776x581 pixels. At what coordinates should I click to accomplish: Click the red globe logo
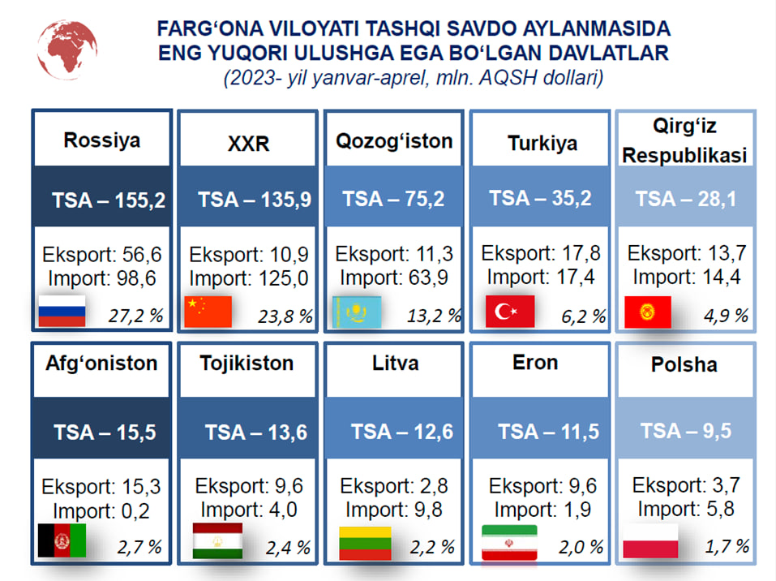point(66,49)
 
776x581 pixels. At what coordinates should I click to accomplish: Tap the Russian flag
point(62,311)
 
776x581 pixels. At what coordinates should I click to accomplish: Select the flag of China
point(208,312)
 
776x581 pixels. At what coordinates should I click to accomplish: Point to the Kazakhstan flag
point(357,312)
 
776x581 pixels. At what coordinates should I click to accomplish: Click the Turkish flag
point(510,311)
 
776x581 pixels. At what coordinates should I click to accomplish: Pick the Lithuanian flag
point(365,544)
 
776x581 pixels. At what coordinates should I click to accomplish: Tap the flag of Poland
point(650,541)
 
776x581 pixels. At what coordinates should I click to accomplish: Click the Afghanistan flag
point(62,540)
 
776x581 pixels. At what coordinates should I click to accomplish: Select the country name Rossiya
point(102,140)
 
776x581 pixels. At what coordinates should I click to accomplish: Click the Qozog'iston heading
point(394,141)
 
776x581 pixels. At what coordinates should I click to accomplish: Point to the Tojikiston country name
point(247,363)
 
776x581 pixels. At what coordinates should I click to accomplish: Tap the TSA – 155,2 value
point(109,200)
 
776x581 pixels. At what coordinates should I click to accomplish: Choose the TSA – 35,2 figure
point(540,198)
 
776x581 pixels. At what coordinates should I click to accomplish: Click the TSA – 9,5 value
point(686,430)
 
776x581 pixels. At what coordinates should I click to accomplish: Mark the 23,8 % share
point(285,316)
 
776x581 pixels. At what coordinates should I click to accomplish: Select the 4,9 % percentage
point(726,316)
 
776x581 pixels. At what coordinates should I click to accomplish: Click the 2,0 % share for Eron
point(581,547)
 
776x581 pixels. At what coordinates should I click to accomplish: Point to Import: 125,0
point(249,278)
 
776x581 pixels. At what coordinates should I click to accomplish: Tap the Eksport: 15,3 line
point(101,487)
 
